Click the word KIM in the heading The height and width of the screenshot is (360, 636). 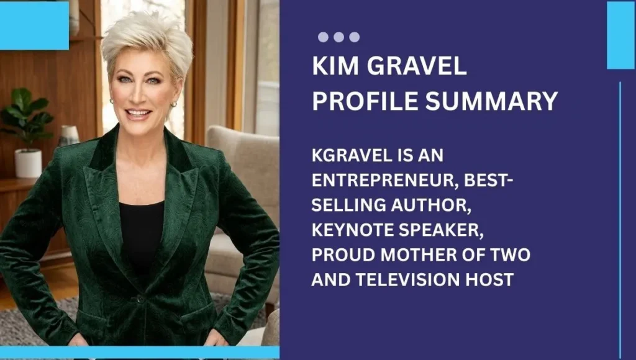pyautogui.click(x=334, y=67)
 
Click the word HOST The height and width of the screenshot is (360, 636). pyautogui.click(x=491, y=280)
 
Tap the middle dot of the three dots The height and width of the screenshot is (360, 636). pyautogui.click(x=338, y=37)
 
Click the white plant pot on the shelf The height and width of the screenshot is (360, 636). pyautogui.click(x=28, y=162)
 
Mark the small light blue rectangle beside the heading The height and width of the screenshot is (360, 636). pyautogui.click(x=620, y=35)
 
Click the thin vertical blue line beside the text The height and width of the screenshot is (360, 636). pyautogui.click(x=620, y=217)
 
